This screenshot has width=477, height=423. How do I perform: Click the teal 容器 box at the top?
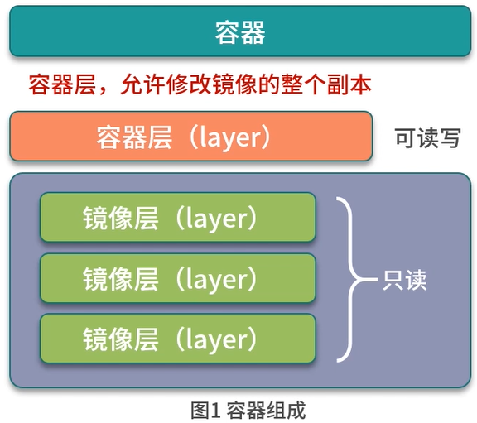(x=240, y=31)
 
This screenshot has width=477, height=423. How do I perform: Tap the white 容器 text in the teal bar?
(x=240, y=32)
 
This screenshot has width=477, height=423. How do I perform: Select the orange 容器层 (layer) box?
(x=191, y=136)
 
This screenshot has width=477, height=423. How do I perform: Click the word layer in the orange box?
(x=230, y=137)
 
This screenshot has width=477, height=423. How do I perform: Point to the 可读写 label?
(x=427, y=137)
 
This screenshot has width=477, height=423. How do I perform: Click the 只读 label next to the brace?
(x=404, y=280)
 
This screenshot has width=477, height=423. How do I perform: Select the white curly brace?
(x=353, y=279)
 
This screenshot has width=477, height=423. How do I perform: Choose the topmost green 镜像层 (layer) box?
(x=178, y=217)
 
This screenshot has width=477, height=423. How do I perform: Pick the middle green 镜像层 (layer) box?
(x=178, y=278)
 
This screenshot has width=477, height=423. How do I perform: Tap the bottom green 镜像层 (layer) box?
(x=178, y=339)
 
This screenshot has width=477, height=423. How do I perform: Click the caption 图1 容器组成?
(x=248, y=411)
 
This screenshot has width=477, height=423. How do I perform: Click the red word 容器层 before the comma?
(x=62, y=84)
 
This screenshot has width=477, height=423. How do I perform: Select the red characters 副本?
(x=349, y=84)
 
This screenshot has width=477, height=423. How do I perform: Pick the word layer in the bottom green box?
(x=217, y=340)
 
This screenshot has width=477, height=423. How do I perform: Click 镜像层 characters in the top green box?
(x=120, y=218)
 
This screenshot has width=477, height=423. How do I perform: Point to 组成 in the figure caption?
(x=286, y=411)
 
